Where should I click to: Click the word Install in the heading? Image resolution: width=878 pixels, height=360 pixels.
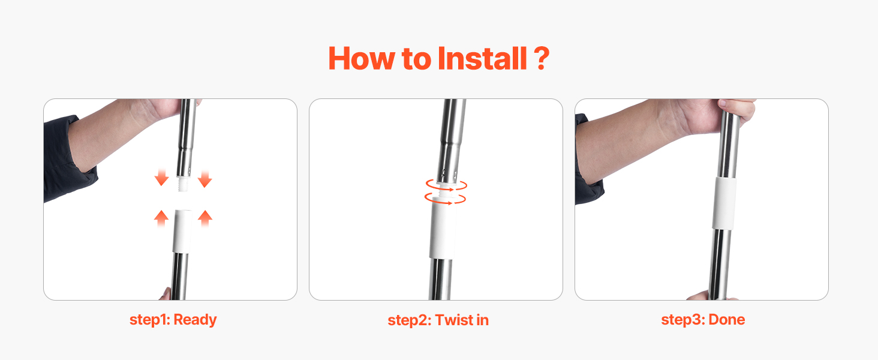[482, 58]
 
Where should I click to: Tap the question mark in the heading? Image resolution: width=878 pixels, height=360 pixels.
[542, 58]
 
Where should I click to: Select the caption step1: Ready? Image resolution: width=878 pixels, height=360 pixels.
[173, 320]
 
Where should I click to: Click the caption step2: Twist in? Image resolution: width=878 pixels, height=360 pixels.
[438, 320]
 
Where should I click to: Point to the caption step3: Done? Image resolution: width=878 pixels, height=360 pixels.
[703, 320]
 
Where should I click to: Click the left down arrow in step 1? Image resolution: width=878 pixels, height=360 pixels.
[161, 177]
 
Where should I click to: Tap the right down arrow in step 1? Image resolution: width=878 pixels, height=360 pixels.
[205, 178]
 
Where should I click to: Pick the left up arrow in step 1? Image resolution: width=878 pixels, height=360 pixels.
[161, 218]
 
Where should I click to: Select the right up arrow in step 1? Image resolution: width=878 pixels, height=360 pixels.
[205, 218]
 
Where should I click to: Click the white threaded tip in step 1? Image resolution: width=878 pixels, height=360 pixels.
[183, 184]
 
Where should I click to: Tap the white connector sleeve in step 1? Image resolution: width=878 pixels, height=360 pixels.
[182, 232]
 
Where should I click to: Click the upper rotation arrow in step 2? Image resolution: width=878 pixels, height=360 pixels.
[446, 185]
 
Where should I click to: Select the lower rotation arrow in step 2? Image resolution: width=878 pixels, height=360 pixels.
[445, 199]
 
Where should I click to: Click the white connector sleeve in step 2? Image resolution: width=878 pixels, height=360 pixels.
[443, 227]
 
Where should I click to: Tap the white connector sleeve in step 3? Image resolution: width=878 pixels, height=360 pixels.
[724, 203]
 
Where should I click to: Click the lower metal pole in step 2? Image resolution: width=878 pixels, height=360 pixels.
[441, 279]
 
